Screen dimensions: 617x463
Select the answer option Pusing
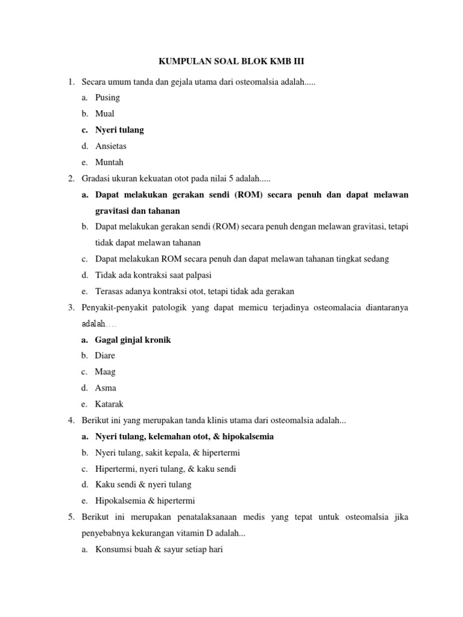(107, 98)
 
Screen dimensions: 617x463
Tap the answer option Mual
(105, 114)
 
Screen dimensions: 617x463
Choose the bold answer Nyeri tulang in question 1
(119, 130)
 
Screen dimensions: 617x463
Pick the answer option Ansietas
(111, 146)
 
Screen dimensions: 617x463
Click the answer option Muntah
(109, 163)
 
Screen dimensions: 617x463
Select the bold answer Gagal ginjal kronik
(133, 340)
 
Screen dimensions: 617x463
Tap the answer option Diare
(105, 355)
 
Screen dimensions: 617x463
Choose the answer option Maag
(105, 372)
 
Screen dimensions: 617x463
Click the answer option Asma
(106, 388)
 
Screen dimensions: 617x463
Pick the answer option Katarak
(109, 404)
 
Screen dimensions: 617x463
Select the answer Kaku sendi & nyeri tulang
(143, 485)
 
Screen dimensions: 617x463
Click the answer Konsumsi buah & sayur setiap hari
(159, 550)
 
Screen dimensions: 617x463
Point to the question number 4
(71, 421)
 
